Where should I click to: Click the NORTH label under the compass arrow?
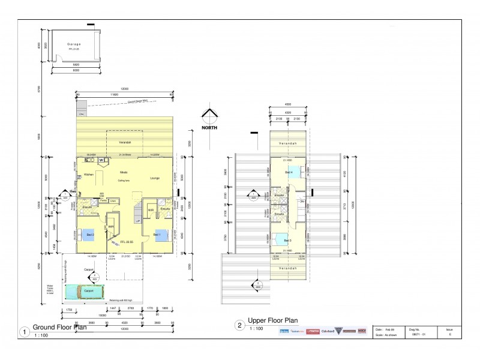click(x=209, y=127)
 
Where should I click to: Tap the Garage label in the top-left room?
click(x=74, y=44)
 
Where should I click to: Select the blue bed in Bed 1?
click(x=161, y=235)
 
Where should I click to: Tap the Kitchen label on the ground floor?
click(x=89, y=175)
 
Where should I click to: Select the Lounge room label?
click(x=154, y=178)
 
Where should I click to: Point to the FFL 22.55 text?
click(x=127, y=241)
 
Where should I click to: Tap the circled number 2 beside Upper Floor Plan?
click(x=239, y=326)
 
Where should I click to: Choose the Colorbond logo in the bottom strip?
click(x=328, y=331)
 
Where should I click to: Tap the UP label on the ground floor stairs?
click(x=139, y=221)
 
